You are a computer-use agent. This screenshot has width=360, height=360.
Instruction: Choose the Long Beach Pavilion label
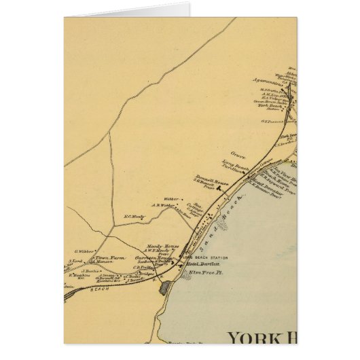tap(232, 165)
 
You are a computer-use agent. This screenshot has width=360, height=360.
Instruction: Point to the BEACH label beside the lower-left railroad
tap(100, 289)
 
